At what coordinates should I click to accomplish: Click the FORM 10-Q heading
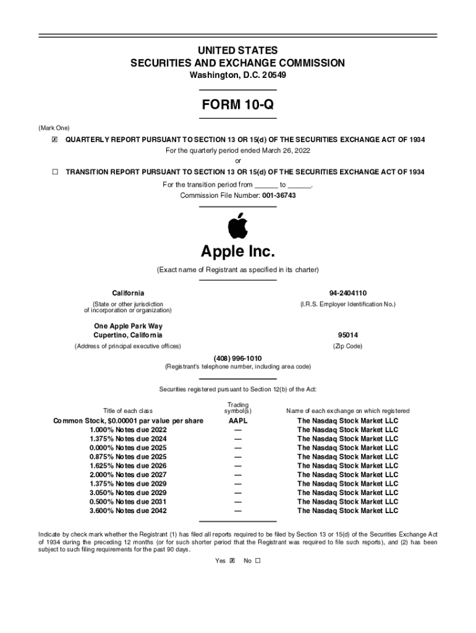pos(237,105)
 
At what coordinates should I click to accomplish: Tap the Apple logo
pos(237,226)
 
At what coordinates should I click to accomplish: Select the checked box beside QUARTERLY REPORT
pos(54,140)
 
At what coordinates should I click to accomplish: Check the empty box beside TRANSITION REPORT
pos(54,171)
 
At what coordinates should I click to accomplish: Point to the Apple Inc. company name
pos(237,252)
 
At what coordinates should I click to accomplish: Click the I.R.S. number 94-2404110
pos(348,292)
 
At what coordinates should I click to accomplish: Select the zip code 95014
pos(348,335)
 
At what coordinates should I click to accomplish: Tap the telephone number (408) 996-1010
pos(237,358)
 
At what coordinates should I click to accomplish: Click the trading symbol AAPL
pos(238,421)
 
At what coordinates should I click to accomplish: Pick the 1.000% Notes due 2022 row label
pos(128,430)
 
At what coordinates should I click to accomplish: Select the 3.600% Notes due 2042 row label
pos(128,511)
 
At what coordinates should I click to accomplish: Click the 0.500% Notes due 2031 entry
pos(128,502)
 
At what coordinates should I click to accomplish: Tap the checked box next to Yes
pos(232,561)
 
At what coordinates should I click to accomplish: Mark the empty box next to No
pos(258,561)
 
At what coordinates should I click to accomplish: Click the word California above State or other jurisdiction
pos(128,292)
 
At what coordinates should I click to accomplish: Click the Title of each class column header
pos(128,410)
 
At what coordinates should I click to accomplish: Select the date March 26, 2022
pos(284,150)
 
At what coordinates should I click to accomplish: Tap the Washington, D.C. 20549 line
pos(237,75)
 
